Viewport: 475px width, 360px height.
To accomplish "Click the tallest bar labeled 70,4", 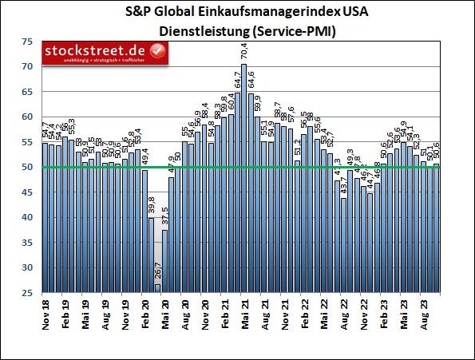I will (x=243, y=177).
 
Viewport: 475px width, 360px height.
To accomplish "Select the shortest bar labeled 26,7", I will (x=158, y=287).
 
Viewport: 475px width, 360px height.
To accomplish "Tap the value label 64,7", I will (x=237, y=81).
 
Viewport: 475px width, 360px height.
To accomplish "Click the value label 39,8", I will (x=152, y=206).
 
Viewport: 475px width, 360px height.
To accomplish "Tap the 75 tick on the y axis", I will (x=28, y=42).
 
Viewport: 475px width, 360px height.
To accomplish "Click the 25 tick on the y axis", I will (x=28, y=294).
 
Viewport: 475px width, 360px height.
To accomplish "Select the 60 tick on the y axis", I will (x=28, y=117).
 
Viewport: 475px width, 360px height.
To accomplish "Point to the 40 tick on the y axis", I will (x=28, y=218).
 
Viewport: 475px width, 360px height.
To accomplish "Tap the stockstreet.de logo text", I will (x=101, y=51).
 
